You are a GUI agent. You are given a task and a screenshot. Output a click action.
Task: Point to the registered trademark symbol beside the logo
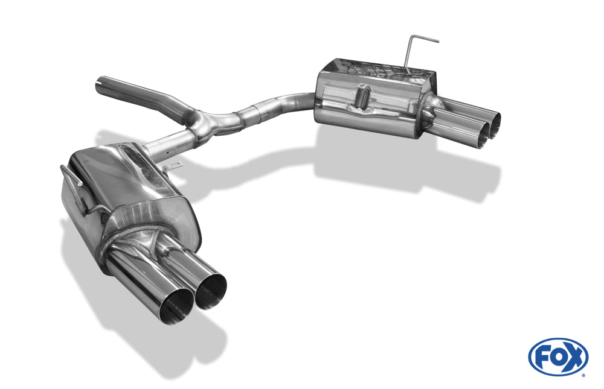[584, 375]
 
